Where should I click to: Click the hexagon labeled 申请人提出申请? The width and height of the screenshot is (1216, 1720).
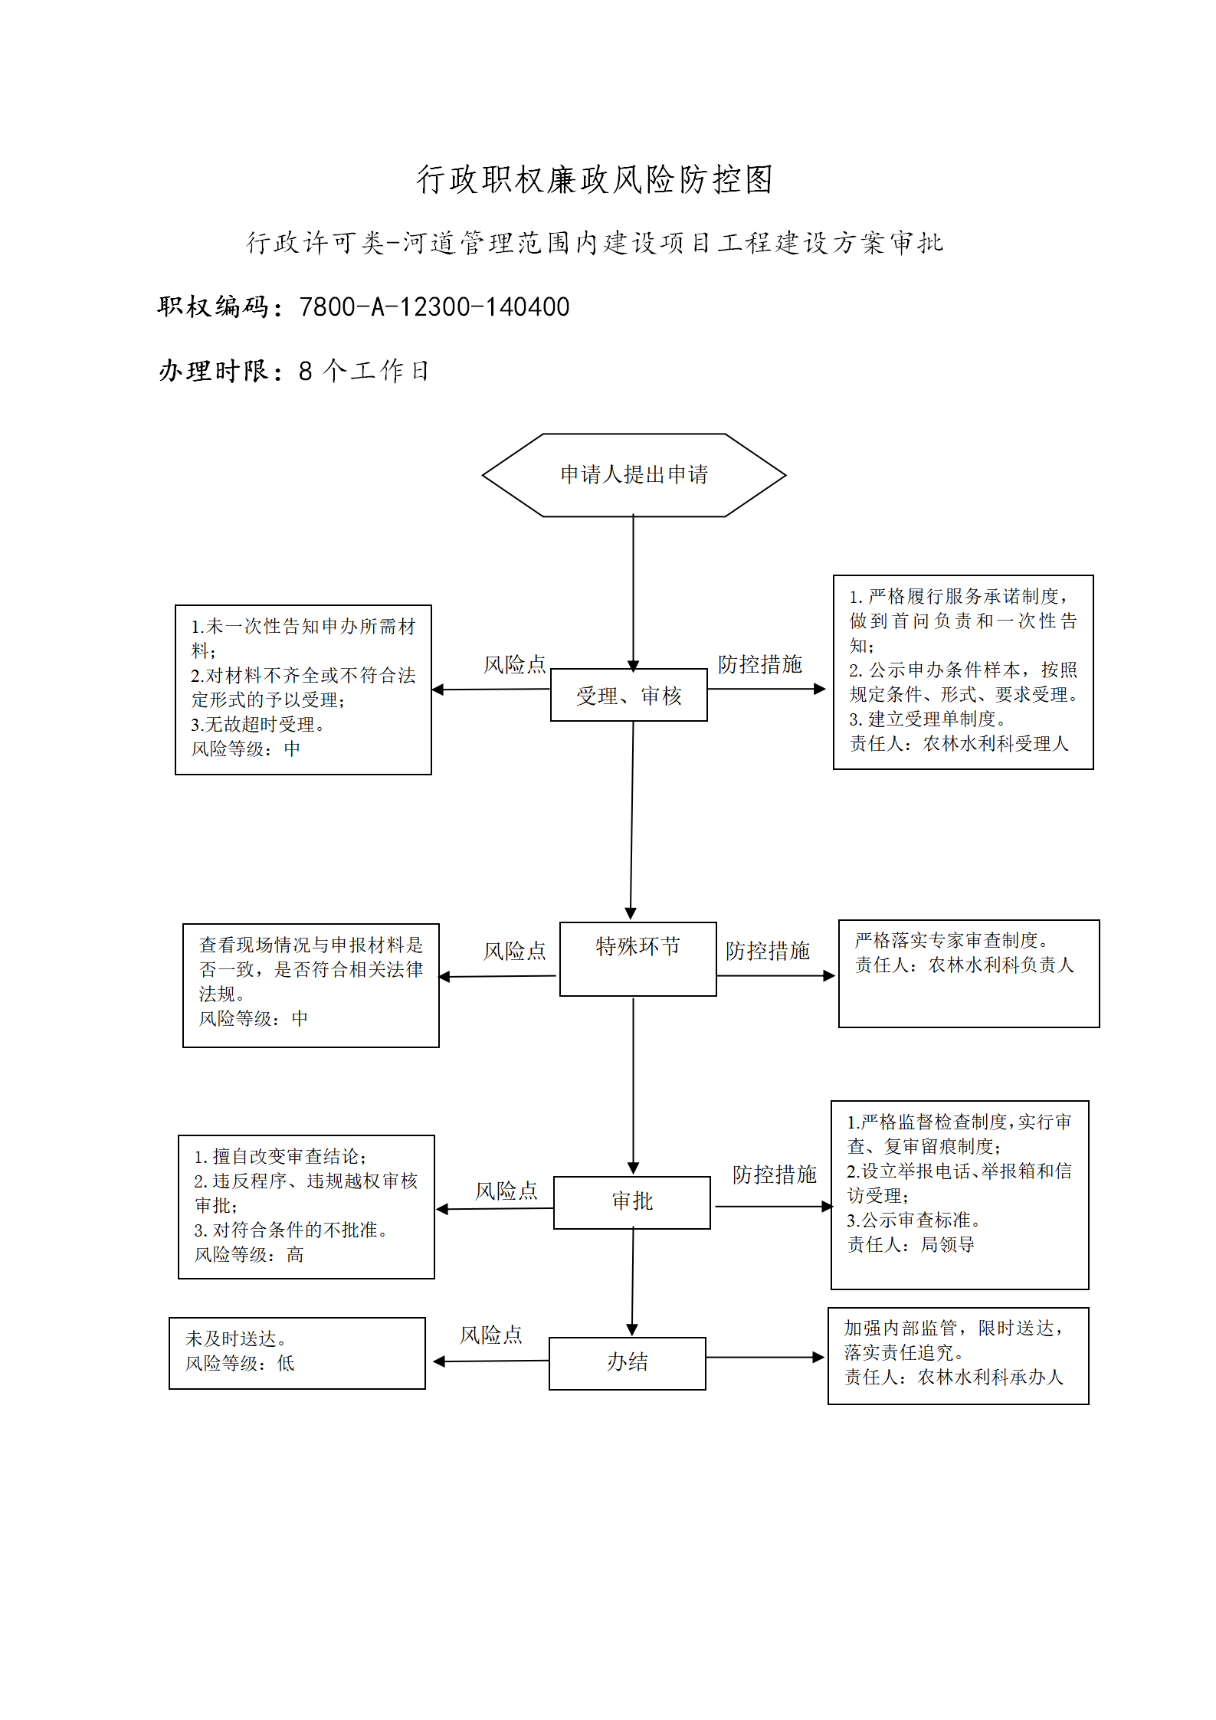point(634,475)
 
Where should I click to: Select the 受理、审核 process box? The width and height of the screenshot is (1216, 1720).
point(628,695)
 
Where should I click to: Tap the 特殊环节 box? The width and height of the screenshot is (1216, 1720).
point(637,958)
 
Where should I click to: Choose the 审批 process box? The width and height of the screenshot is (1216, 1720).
point(631,1202)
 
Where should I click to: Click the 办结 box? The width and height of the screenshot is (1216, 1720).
point(627,1363)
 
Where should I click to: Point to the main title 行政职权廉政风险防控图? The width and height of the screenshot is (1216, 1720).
point(595,179)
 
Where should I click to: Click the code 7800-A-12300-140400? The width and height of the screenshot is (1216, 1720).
point(434,307)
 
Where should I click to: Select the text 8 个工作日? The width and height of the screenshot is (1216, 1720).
point(364,371)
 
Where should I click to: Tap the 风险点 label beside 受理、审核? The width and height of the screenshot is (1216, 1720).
point(514,664)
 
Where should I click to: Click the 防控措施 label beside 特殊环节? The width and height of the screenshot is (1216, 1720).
point(768,951)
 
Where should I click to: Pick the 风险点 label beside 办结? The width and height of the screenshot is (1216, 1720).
point(491,1335)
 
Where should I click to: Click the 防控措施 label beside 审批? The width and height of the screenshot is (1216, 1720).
point(775,1175)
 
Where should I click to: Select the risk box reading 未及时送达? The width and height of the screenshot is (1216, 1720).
point(297,1353)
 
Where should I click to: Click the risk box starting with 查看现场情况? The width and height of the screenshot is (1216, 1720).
point(311,985)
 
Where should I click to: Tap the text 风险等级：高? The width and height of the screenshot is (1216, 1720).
point(249,1254)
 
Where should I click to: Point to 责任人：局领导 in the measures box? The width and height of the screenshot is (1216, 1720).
point(910,1244)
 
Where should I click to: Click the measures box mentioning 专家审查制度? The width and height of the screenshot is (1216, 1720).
point(969,973)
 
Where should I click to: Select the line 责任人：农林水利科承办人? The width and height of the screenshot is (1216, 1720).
point(954,1377)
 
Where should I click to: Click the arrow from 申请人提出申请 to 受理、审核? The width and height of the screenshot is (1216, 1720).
point(633,593)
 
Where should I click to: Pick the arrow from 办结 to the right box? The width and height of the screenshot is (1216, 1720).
point(765,1358)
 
